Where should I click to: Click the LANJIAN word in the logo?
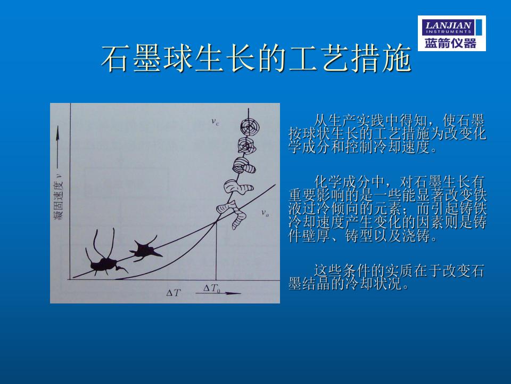[x=448, y=25]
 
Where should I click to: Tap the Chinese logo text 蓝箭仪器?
[x=450, y=43]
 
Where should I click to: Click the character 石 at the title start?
[x=114, y=58]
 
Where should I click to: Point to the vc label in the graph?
[x=215, y=122]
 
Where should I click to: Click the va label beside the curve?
[x=265, y=213]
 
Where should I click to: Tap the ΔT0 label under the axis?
[x=212, y=289]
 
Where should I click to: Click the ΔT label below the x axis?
[x=173, y=293]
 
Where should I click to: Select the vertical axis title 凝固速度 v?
[x=59, y=197]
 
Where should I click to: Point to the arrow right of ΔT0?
[x=218, y=293]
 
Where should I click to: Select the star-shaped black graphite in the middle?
[x=145, y=250]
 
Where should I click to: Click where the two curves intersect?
[x=216, y=222]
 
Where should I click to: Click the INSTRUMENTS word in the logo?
[x=448, y=31]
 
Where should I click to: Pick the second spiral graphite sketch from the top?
[x=246, y=146]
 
